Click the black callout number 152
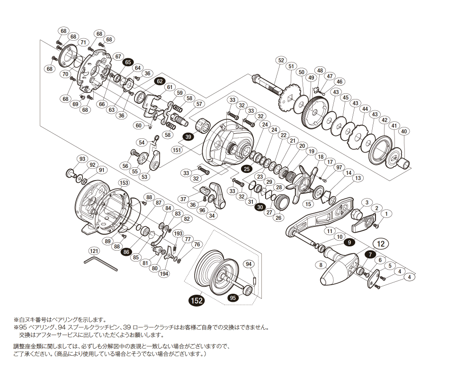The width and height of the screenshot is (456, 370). click(x=196, y=300)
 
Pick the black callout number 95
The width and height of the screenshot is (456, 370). click(x=232, y=298)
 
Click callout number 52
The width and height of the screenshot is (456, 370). click(x=281, y=60)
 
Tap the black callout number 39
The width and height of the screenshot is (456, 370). click(x=188, y=136)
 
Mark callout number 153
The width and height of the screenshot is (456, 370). click(x=124, y=183)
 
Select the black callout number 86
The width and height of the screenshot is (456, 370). click(x=126, y=252)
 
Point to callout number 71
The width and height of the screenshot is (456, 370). click(x=83, y=42)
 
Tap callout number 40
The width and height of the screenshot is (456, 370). click(x=403, y=131)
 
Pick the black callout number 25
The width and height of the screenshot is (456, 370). click(x=246, y=169)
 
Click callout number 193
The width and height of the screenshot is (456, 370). click(x=178, y=234)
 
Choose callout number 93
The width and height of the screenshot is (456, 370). click(x=82, y=159)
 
